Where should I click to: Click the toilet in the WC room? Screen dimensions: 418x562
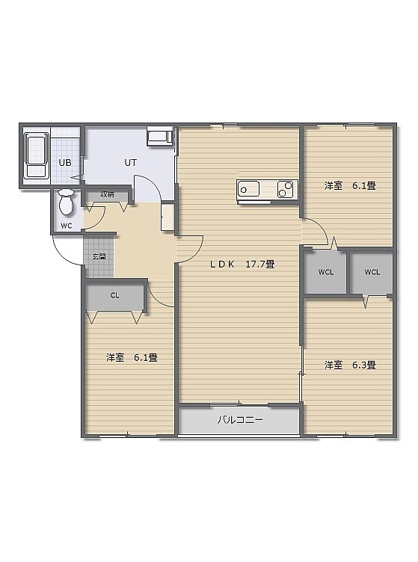[x=66, y=203]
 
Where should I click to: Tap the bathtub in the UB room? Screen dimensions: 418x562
[x=36, y=155]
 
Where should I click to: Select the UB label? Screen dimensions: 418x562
[x=65, y=163]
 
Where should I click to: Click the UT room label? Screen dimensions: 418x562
[x=131, y=163]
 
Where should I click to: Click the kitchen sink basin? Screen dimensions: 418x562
[x=248, y=189]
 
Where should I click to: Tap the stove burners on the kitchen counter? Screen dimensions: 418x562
[x=286, y=189]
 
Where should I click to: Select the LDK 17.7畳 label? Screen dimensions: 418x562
[x=242, y=265]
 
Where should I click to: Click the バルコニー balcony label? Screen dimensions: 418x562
[x=240, y=420]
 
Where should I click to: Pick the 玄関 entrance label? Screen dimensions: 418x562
[x=99, y=256]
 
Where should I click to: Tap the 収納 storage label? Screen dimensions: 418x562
[x=107, y=194]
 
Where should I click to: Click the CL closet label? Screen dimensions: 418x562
[x=114, y=296]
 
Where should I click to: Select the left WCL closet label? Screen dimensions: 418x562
[x=326, y=272]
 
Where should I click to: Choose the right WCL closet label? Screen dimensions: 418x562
[x=372, y=272]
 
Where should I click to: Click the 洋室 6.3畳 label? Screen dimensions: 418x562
[x=350, y=365]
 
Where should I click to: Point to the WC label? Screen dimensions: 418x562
[x=67, y=226]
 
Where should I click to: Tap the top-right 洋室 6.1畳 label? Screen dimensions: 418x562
[x=350, y=185]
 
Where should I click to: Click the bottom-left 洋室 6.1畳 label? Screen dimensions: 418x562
[x=132, y=357]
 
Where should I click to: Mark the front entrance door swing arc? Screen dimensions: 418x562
[x=61, y=255]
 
